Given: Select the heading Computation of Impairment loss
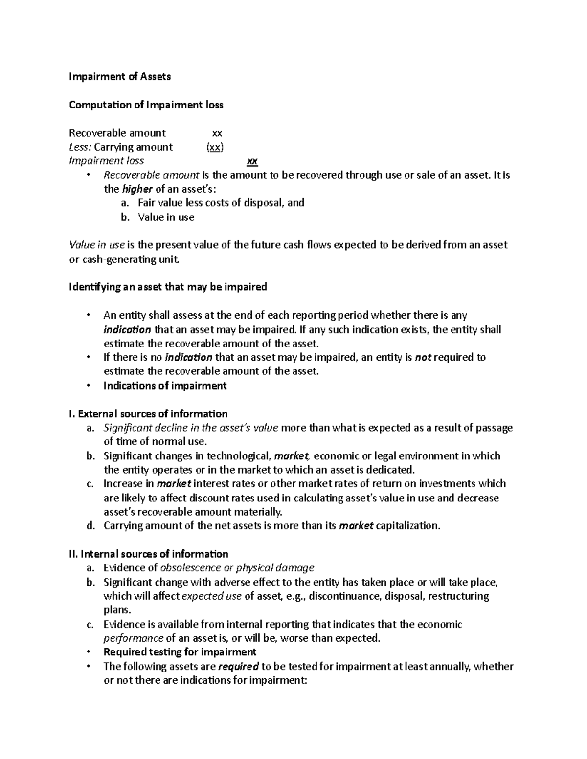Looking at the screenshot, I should tap(146, 105).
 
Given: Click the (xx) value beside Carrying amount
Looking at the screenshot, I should tap(215, 147).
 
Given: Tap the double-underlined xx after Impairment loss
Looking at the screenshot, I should tap(252, 161).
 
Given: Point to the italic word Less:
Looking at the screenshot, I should tap(80, 147).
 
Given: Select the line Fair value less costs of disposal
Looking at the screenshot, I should tap(221, 203).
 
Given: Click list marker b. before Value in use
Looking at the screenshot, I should tap(125, 217).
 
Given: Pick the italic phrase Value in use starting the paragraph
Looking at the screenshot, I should tap(97, 245).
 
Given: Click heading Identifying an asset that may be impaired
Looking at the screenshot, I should tap(168, 287).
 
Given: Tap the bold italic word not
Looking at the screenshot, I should tap(423, 358).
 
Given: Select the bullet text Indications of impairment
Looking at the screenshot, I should tap(165, 386).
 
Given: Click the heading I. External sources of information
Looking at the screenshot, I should tap(148, 414).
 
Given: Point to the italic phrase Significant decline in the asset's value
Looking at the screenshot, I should tap(191, 428).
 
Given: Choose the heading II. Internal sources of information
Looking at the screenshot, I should tap(149, 554).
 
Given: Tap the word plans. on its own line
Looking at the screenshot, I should tap(117, 610).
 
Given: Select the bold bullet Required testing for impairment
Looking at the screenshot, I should tap(180, 652).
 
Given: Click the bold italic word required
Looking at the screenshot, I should tap(238, 666).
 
